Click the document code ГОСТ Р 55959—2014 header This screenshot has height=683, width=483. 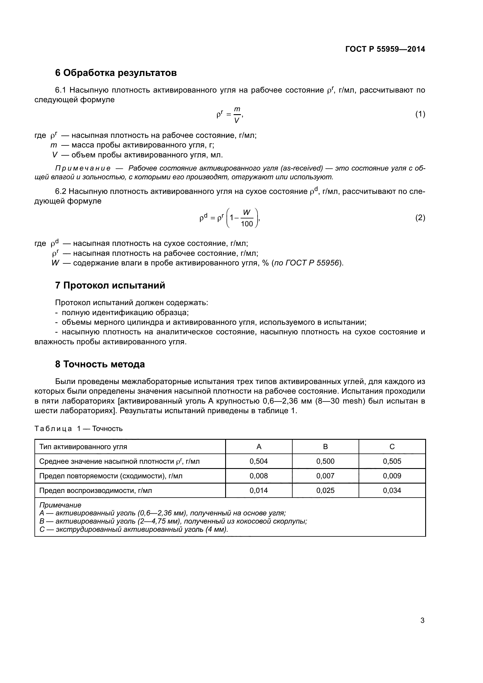(x=385, y=49)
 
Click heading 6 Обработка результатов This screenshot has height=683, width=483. (x=116, y=73)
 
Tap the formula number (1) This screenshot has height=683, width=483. (x=420, y=114)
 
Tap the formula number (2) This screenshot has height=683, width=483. (x=420, y=218)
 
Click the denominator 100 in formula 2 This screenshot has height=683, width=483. (x=246, y=224)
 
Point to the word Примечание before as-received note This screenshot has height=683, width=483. (x=83, y=168)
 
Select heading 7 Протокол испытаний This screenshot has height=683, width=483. (x=110, y=285)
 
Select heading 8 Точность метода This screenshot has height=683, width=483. (x=100, y=364)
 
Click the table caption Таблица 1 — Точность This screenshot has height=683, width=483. (x=79, y=429)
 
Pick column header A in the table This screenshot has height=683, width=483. (x=259, y=446)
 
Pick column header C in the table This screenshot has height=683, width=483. (x=392, y=446)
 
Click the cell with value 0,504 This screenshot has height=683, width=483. (x=259, y=461)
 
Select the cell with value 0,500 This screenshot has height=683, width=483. (x=325, y=461)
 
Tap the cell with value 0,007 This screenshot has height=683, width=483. (x=325, y=476)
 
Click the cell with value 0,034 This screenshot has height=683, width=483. (x=392, y=490)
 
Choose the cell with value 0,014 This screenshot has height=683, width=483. (x=259, y=490)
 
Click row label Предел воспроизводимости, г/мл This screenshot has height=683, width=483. (x=95, y=490)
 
